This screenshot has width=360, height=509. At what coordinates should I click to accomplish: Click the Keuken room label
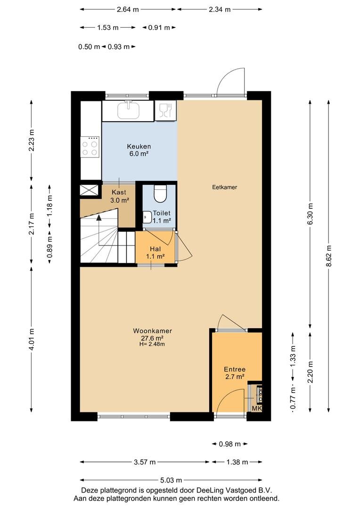click(x=139, y=147)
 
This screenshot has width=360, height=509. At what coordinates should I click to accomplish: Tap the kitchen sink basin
click(x=128, y=110)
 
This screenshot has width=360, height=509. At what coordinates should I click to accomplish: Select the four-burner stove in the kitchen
click(x=90, y=147)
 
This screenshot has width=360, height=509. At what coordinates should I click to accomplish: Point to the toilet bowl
click(x=160, y=193)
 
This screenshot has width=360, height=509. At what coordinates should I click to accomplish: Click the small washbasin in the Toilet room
click(x=147, y=217)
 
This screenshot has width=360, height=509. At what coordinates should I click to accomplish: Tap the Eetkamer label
click(x=225, y=187)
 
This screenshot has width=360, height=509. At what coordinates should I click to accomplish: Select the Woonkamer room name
click(x=152, y=331)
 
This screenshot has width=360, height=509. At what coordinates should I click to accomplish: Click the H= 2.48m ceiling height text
click(x=152, y=344)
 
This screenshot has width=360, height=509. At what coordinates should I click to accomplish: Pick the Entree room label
click(x=235, y=369)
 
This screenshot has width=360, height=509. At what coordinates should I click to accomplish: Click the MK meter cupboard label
click(x=257, y=408)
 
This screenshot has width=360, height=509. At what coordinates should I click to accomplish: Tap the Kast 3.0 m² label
click(x=119, y=197)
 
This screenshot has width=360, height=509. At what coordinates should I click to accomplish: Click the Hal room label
click(x=155, y=249)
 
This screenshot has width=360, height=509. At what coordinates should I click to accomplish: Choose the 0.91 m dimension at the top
click(x=159, y=28)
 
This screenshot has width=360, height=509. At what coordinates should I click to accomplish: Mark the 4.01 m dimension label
click(x=32, y=339)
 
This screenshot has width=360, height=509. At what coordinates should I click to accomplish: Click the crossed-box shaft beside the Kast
click(x=89, y=190)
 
